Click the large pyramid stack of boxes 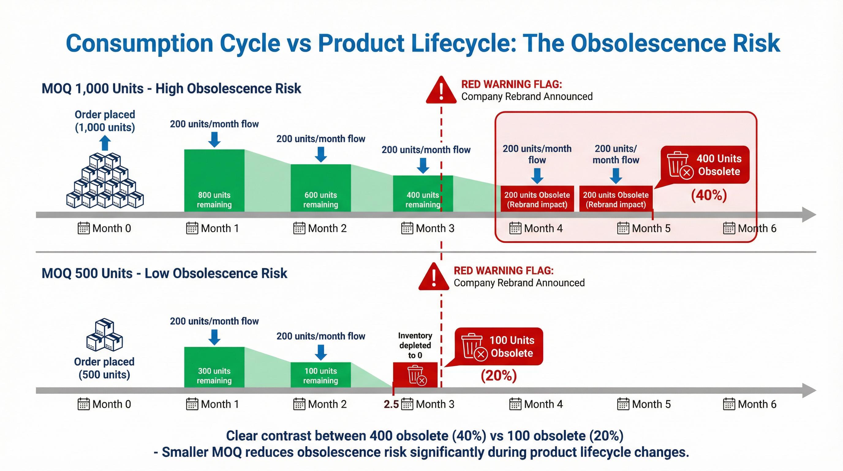[105, 181]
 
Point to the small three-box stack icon [104, 335]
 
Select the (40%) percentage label [709, 195]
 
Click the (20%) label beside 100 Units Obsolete [498, 375]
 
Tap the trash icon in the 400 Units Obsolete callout [679, 165]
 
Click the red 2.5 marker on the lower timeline [391, 404]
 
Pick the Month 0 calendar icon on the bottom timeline [83, 404]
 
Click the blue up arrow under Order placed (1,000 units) [105, 143]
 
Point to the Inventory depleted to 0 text [415, 345]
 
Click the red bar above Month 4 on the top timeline [537, 199]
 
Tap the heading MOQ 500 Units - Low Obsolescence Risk [164, 273]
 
